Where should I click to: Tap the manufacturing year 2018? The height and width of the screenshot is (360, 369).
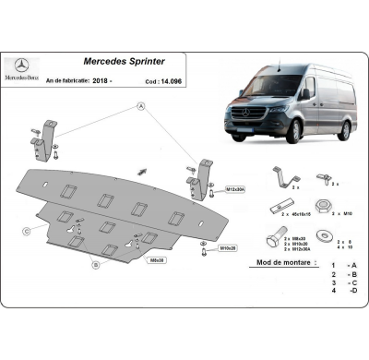(104, 80)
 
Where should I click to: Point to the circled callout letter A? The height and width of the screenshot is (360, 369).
(141, 107)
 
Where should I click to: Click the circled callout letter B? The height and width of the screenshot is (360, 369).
(95, 264)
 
